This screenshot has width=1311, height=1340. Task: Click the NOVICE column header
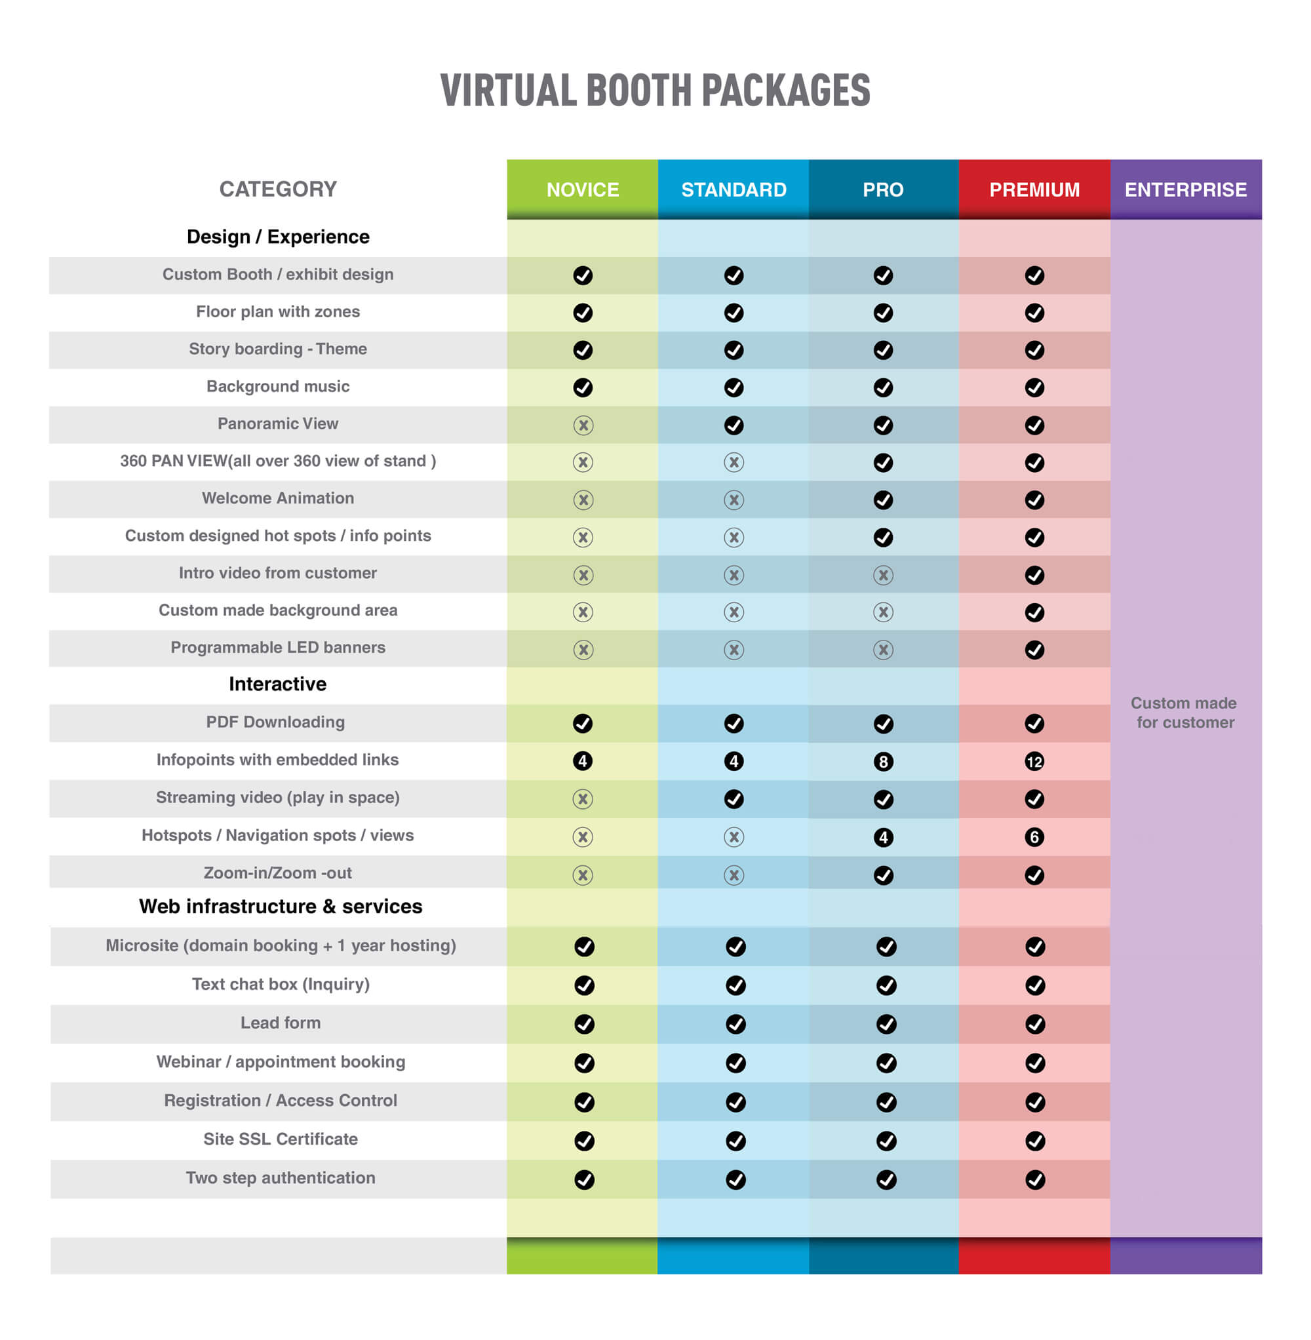click(583, 189)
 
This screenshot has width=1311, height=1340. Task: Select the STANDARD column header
click(734, 189)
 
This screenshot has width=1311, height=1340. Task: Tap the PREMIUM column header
click(1034, 189)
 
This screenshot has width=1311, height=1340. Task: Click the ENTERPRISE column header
click(1186, 189)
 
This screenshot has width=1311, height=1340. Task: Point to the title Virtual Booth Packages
click(655, 91)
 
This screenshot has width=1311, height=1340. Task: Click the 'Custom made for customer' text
click(1184, 713)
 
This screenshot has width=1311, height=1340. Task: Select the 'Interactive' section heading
click(277, 684)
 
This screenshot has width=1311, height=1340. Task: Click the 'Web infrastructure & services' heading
click(281, 906)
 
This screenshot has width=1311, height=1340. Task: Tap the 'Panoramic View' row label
click(277, 424)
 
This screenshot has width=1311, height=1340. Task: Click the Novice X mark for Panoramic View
click(583, 425)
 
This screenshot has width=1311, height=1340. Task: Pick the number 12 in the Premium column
click(1034, 761)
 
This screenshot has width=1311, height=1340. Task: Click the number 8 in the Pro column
click(884, 761)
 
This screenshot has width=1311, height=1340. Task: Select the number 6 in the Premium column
click(1034, 837)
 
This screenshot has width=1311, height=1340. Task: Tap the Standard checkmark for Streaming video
click(734, 798)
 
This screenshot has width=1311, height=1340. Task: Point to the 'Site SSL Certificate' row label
click(281, 1139)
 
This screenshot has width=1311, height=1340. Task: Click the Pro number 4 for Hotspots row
click(884, 837)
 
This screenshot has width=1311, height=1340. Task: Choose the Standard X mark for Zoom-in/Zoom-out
click(734, 875)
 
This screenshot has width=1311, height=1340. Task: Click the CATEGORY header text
click(277, 189)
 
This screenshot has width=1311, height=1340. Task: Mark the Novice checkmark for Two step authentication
click(584, 1179)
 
